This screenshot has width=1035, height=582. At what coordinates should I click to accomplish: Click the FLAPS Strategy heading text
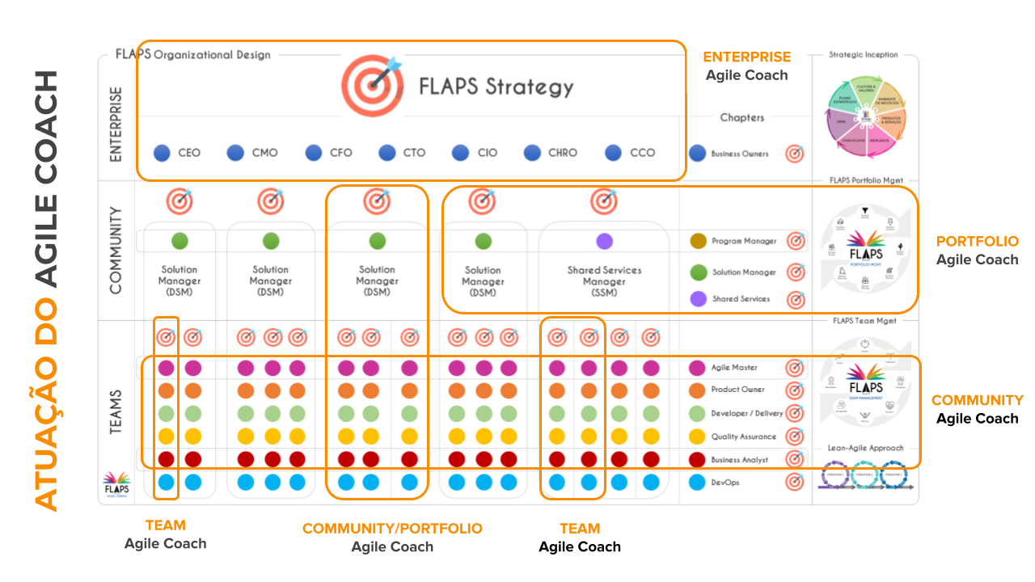[496, 86]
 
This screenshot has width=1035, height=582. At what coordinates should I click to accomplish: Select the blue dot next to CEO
[163, 153]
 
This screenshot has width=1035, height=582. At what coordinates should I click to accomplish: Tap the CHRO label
[562, 153]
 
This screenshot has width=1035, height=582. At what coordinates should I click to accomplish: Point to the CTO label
[414, 153]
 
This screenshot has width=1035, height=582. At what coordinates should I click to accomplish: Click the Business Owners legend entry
[739, 154]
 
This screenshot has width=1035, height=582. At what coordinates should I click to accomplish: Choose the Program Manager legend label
[744, 241]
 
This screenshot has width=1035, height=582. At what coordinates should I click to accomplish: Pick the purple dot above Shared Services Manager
[604, 241]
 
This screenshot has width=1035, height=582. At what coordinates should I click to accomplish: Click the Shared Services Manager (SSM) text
[604, 281]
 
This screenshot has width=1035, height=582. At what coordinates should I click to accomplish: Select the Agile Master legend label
[734, 368]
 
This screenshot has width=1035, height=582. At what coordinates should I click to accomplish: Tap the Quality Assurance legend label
[743, 436]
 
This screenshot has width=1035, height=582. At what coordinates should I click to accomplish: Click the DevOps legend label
[726, 483]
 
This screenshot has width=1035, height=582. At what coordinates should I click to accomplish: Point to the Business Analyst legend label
[740, 460]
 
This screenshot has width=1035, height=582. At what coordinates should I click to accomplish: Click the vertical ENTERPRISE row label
[116, 124]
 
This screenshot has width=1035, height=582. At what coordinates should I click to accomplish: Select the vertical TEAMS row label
[116, 413]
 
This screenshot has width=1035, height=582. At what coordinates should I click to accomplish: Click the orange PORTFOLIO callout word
[977, 242]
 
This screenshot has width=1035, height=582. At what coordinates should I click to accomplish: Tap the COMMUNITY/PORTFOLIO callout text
[392, 529]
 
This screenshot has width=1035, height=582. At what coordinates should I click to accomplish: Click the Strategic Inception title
[864, 55]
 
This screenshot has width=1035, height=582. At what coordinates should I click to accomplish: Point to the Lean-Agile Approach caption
[865, 448]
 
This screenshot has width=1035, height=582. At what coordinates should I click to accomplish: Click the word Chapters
[741, 118]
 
